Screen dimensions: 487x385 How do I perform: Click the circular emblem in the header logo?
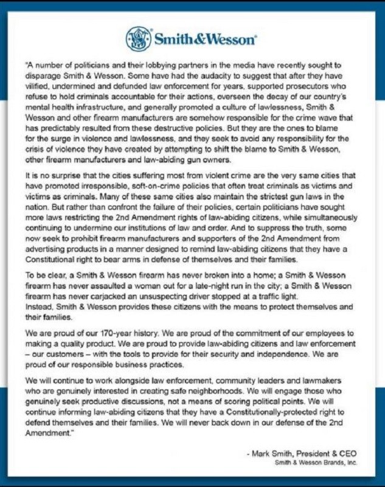pyautogui.click(x=137, y=39)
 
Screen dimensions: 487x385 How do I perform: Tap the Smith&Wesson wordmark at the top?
pyautogui.click(x=204, y=40)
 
